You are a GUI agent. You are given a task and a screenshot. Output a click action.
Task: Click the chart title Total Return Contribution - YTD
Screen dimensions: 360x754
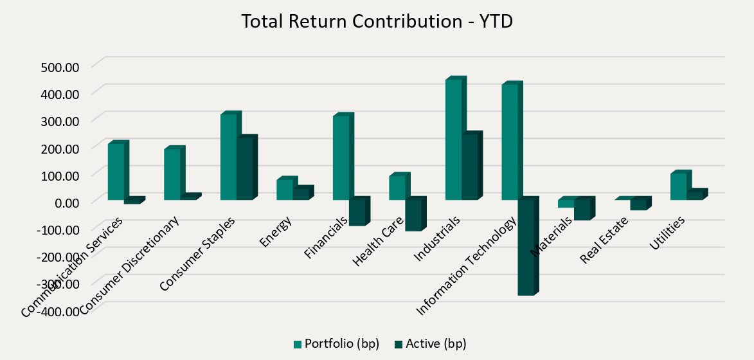[377, 21]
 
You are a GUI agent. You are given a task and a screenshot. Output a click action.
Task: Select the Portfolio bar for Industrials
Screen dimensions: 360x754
[453, 139]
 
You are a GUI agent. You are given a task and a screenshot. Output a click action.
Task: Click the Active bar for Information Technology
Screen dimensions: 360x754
[525, 247]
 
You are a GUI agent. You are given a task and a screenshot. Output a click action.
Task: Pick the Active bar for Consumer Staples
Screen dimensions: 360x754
[244, 169]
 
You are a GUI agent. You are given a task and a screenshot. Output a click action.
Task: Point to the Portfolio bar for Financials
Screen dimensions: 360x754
[341, 158]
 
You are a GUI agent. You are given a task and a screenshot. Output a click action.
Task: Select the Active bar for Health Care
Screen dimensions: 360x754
[413, 215]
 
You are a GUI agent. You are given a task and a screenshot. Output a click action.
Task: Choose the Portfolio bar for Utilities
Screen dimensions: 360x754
[678, 187]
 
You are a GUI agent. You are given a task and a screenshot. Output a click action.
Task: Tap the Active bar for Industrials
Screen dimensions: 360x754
[469, 167]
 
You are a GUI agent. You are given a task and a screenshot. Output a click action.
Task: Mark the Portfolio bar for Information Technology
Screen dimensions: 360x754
[509, 142]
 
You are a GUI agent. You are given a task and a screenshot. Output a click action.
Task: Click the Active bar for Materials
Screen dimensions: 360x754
[582, 210]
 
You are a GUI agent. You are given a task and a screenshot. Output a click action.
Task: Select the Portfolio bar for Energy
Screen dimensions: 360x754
[284, 190]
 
